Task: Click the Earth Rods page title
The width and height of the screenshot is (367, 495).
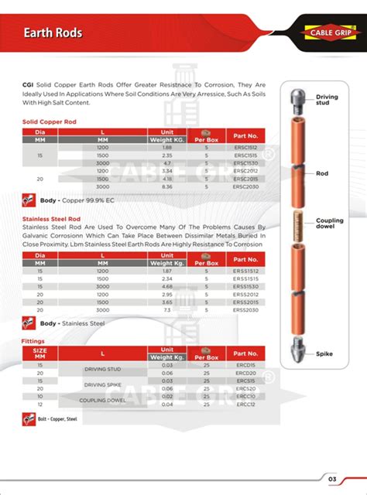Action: (52, 33)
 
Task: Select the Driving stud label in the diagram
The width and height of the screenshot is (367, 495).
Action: (328, 99)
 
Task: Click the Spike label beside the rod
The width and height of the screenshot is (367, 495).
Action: (324, 353)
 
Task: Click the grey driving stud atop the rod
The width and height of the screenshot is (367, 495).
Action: (298, 97)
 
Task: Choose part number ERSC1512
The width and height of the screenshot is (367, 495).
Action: (245, 147)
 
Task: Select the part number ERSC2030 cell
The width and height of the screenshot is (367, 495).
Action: (245, 186)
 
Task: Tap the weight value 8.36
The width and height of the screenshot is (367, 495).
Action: (166, 186)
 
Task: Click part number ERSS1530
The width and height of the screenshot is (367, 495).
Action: (245, 286)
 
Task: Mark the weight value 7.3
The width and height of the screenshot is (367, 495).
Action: (166, 309)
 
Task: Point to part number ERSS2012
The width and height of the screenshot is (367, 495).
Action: (245, 294)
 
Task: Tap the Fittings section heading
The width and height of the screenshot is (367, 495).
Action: (33, 340)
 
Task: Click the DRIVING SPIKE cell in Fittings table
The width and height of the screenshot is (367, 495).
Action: (103, 384)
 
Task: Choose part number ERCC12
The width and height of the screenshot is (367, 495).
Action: (245, 405)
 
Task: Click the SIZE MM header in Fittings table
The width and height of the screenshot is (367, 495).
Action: (39, 353)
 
